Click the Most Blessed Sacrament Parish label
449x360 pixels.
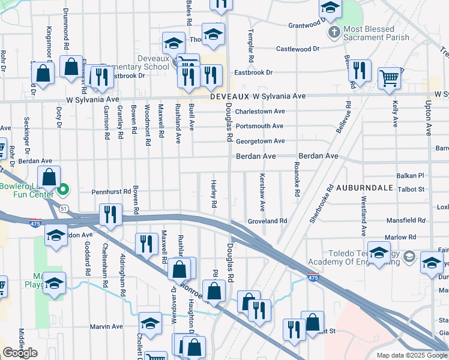[377, 33]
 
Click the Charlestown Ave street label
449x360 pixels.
[260, 111]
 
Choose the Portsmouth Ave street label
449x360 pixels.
[259, 126]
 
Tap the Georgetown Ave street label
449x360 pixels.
[260, 141]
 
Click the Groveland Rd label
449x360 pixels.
[267, 221]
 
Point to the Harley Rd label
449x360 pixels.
[214, 194]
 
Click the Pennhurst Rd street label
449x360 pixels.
[111, 192]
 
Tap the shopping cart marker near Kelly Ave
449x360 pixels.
[390, 78]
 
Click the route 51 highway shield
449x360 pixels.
[63, 208]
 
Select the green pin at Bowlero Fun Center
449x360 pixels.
[64, 192]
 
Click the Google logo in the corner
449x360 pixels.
[20, 353]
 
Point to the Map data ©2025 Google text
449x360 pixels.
[412, 355]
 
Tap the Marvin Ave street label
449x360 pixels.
[106, 326]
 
